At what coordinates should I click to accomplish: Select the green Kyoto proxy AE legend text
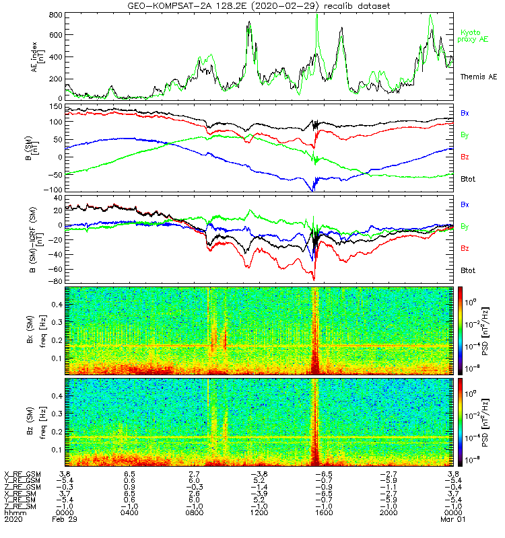473,36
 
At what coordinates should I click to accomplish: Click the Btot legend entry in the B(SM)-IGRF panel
467,270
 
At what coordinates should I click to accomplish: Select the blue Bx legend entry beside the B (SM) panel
465,113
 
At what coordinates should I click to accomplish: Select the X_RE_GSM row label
22,474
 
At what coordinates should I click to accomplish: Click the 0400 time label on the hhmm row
129,514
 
